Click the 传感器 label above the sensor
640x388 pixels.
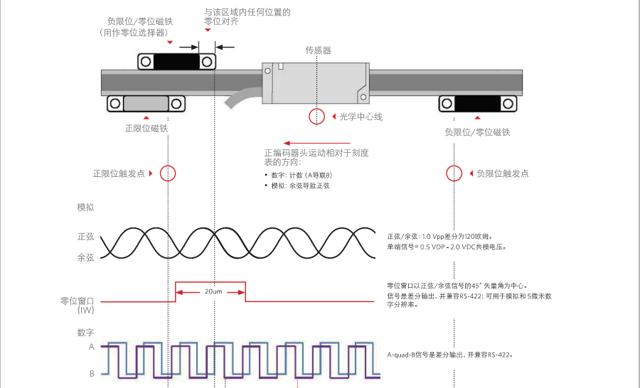[x=318, y=50]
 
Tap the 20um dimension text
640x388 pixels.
[x=210, y=291]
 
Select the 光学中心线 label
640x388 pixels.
[x=361, y=117]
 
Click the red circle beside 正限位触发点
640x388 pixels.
[x=168, y=173]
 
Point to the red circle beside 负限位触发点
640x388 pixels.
[x=454, y=173]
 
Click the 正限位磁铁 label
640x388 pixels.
[x=146, y=129]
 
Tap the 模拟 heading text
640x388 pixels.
[x=85, y=208]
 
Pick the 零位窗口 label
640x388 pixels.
[x=78, y=301]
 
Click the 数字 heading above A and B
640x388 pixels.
[x=85, y=333]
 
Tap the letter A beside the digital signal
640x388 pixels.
[x=91, y=347]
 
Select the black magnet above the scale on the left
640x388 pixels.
[x=177, y=61]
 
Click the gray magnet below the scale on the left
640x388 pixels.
[x=146, y=104]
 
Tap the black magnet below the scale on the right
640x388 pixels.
[x=477, y=104]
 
